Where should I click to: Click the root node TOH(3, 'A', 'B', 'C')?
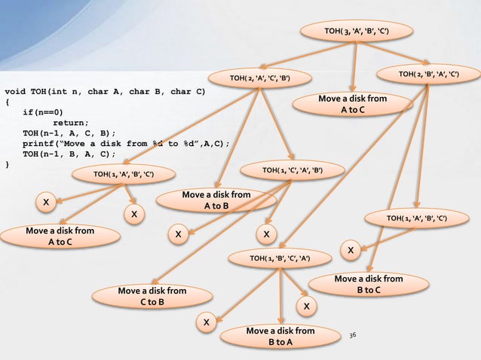tap(356, 31)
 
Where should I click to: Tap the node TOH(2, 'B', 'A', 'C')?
tap(428, 74)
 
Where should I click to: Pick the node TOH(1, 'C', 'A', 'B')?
tap(293, 171)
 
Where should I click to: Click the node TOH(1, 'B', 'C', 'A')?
tap(280, 260)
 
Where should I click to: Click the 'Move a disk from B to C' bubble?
tap(368, 285)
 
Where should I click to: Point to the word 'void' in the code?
tap(17, 93)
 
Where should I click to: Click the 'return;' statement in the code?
tap(69, 123)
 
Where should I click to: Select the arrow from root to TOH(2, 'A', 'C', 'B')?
tap(309, 56)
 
